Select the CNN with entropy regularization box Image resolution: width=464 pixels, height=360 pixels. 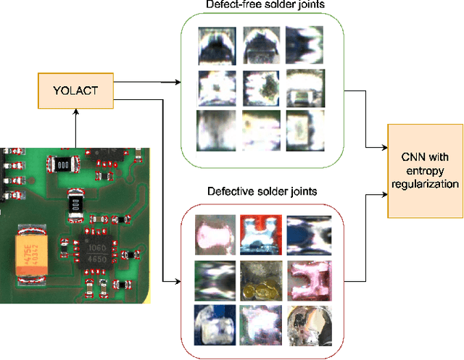point(424,170)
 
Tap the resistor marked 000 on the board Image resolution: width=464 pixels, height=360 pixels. point(63,164)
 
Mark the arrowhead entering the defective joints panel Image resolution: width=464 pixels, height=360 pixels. point(177,281)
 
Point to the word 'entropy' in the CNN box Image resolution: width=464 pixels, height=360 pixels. point(424,170)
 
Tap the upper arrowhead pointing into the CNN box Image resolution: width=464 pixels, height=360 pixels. point(384,147)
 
